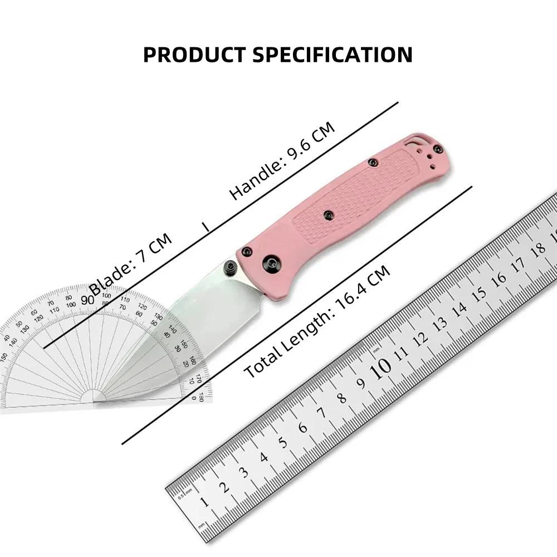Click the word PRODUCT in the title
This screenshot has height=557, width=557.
(x=193, y=55)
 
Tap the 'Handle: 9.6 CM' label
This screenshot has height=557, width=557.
(x=282, y=160)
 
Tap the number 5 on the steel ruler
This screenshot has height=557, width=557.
(x=283, y=442)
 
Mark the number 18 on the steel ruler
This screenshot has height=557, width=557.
(x=539, y=248)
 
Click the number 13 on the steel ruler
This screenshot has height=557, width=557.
(x=439, y=323)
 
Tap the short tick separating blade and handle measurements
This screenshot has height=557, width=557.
(x=206, y=227)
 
